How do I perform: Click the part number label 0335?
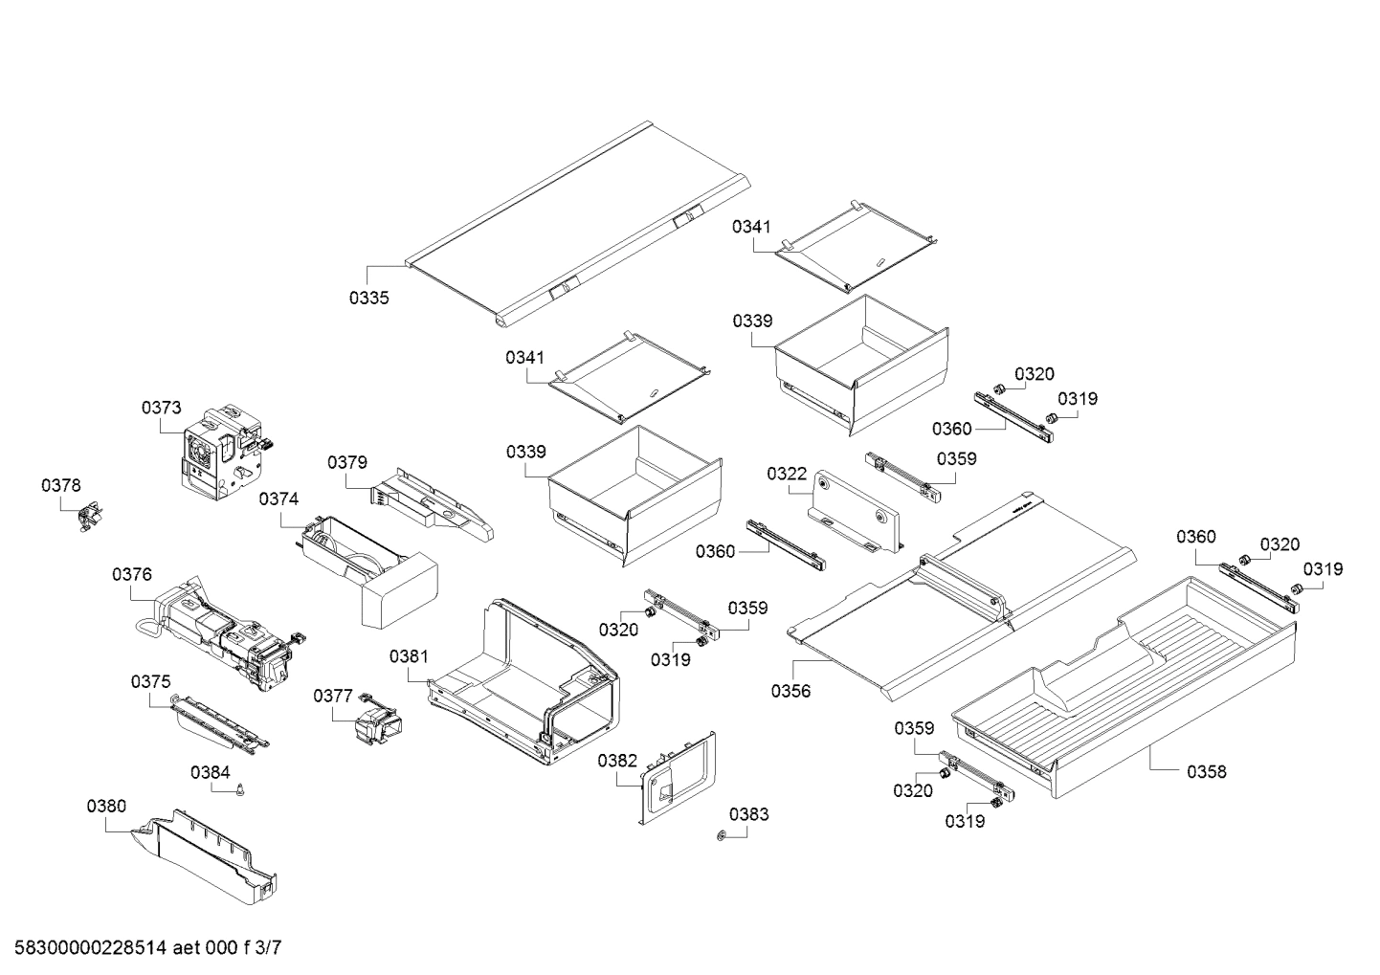pos(368,298)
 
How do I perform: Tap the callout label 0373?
pos(161,408)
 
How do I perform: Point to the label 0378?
pos(60,486)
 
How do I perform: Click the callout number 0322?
pos(787,474)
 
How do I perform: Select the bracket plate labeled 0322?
pos(856,513)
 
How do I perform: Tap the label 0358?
pos(1206,771)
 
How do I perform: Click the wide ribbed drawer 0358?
pos(1129,689)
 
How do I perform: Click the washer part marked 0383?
pos(720,837)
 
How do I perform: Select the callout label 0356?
pos(790,691)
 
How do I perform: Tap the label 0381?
pos(409,656)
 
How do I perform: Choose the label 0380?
pos(105,807)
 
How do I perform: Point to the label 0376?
pos(131,574)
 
